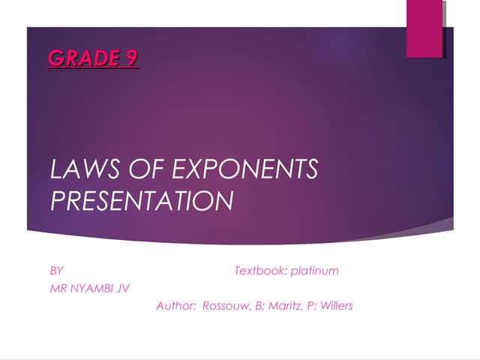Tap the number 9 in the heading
tap(130, 58)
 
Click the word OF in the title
tap(142, 169)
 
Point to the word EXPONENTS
tap(244, 169)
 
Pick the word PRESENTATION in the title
tap(141, 200)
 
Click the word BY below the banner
tap(56, 270)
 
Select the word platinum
tap(315, 270)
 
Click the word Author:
tap(176, 306)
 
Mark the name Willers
tap(336, 306)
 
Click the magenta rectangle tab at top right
tap(424, 28)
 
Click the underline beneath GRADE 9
tap(93, 67)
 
